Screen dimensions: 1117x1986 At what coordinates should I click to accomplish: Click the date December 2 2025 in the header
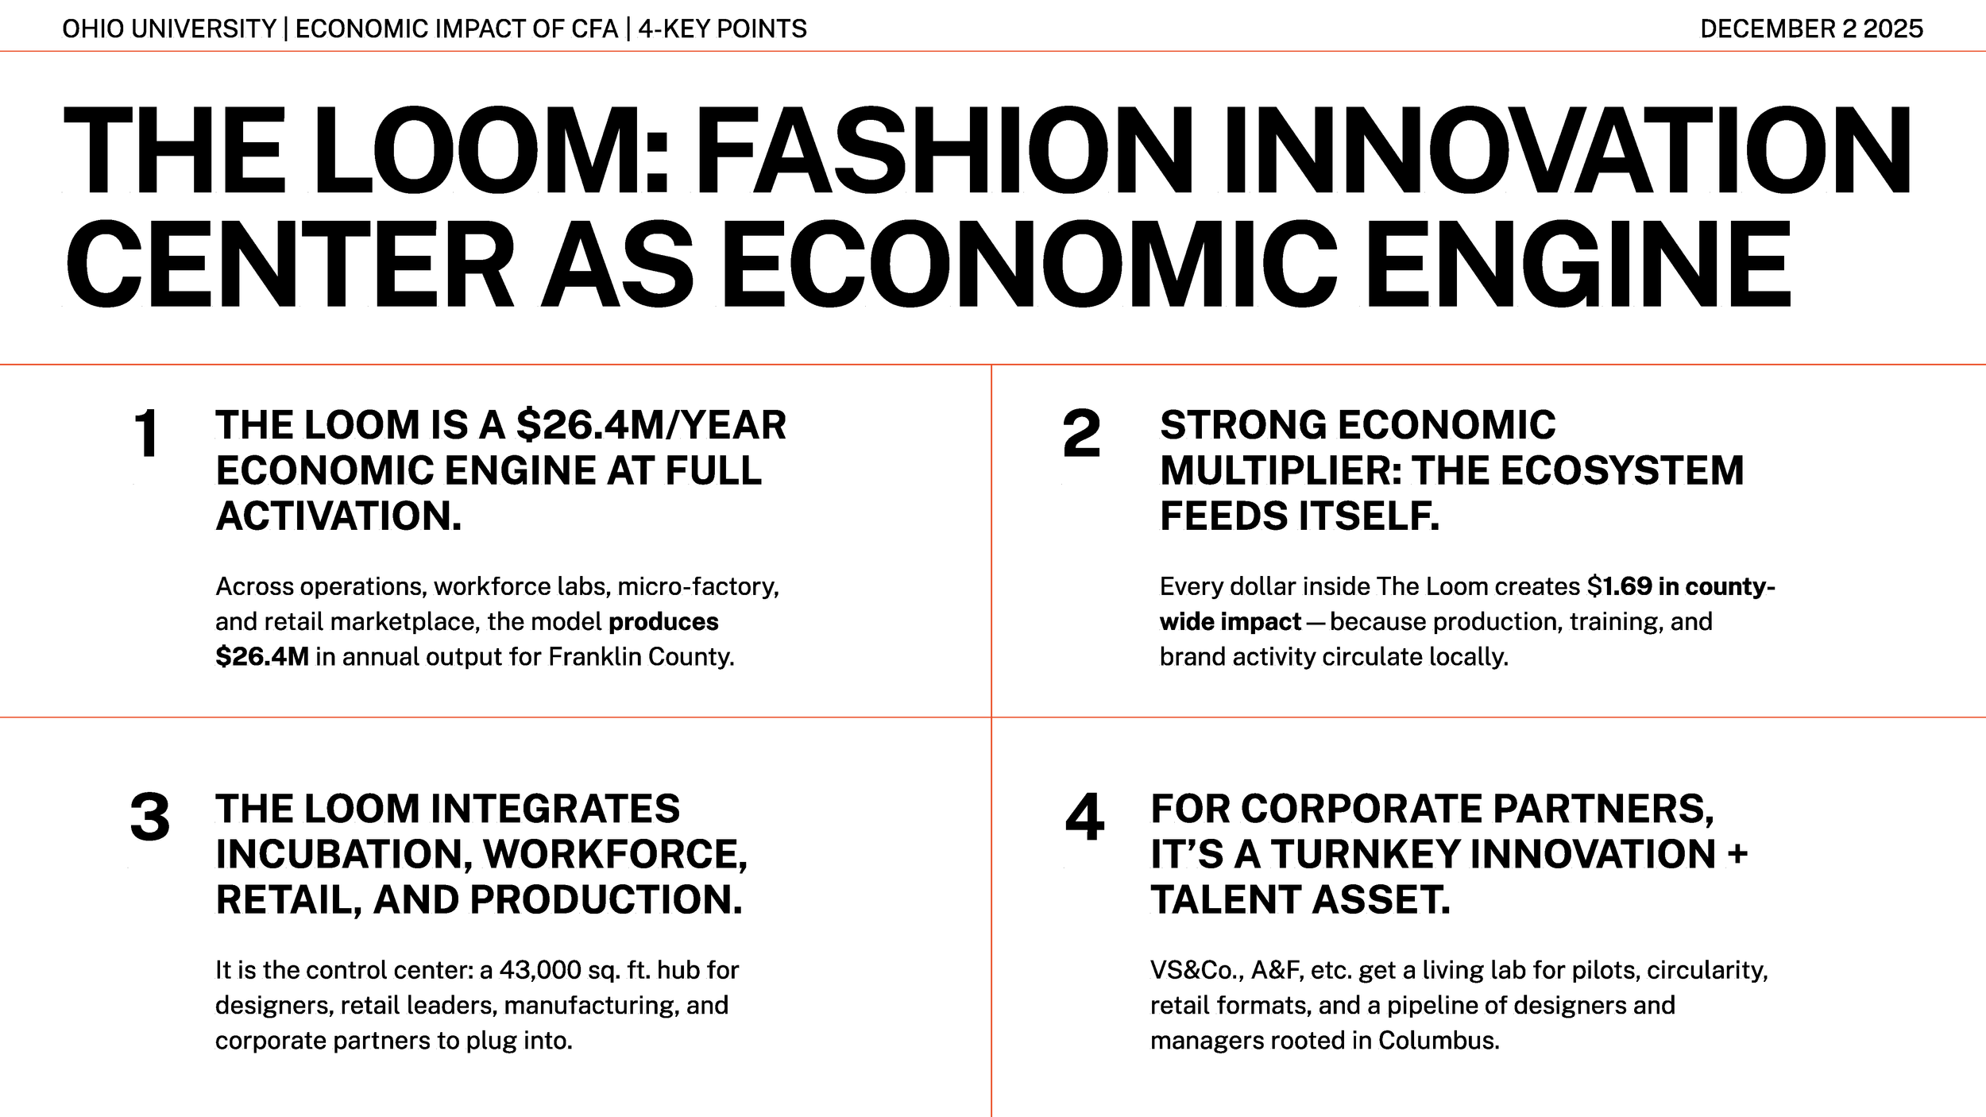[x=1810, y=29]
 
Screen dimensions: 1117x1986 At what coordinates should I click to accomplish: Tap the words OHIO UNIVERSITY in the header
[x=168, y=29]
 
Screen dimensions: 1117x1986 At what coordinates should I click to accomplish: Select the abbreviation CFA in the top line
[x=594, y=29]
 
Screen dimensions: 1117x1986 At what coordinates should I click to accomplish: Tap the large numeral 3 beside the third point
[x=149, y=817]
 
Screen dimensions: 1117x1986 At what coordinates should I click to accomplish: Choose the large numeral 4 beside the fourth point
[x=1084, y=817]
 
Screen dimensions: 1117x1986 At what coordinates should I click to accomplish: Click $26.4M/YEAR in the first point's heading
[x=651, y=425]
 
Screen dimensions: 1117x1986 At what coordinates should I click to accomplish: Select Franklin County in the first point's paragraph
[x=639, y=657]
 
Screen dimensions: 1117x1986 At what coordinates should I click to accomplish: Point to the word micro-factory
[x=697, y=586]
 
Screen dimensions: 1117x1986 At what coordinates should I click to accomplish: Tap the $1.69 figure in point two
[x=1619, y=586]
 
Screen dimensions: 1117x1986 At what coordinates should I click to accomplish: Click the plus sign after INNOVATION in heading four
[x=1737, y=854]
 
